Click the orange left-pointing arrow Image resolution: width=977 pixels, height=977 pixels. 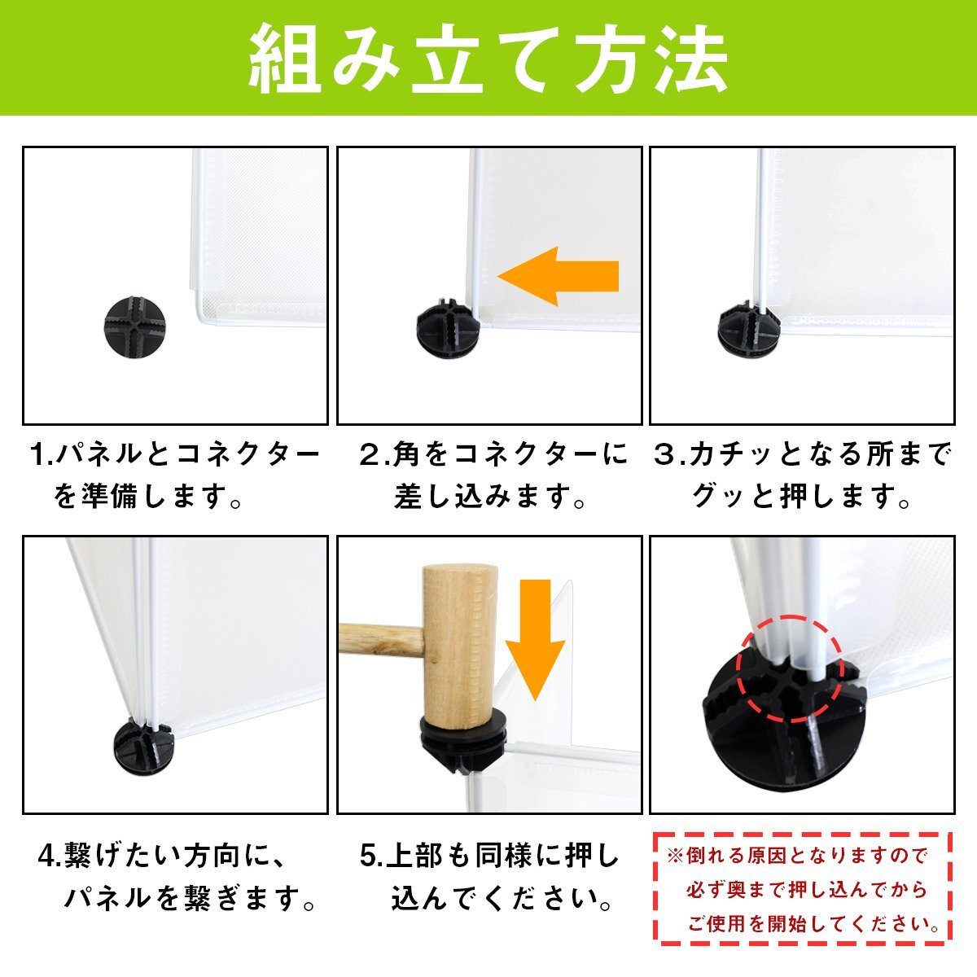(558, 276)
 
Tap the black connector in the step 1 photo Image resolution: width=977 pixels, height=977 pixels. (134, 327)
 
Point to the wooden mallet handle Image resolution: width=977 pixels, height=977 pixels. (380, 641)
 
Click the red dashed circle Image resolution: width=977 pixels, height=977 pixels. (790, 668)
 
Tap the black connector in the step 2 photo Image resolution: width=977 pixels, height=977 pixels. (447, 329)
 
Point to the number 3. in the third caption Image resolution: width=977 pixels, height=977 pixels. (669, 454)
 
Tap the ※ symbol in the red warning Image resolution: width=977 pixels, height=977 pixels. (676, 856)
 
